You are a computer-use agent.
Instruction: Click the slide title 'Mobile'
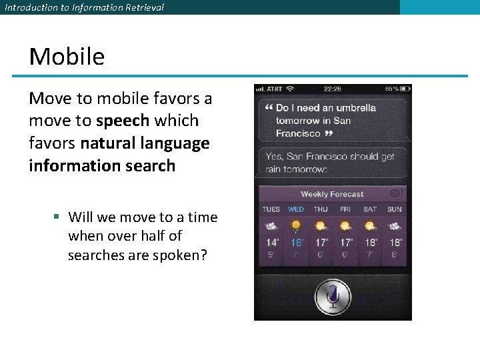(67, 57)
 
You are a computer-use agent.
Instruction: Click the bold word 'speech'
(123, 121)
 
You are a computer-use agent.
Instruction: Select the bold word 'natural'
(106, 143)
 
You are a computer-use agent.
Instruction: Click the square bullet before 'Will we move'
(57, 217)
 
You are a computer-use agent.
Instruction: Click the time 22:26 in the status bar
(332, 89)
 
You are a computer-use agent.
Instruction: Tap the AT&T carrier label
(274, 89)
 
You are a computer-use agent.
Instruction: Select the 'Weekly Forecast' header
(332, 194)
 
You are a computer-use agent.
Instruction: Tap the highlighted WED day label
(296, 209)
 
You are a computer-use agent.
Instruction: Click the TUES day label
(271, 209)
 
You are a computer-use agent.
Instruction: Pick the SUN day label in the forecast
(395, 209)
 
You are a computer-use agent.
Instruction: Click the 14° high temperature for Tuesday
(273, 243)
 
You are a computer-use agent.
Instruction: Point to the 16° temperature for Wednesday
(297, 243)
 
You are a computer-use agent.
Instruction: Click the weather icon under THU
(321, 226)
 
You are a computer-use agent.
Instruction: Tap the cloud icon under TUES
(272, 226)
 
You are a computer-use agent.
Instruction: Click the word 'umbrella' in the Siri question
(355, 108)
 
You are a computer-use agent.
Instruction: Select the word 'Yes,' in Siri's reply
(274, 157)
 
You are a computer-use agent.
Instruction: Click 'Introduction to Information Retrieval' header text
(84, 7)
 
